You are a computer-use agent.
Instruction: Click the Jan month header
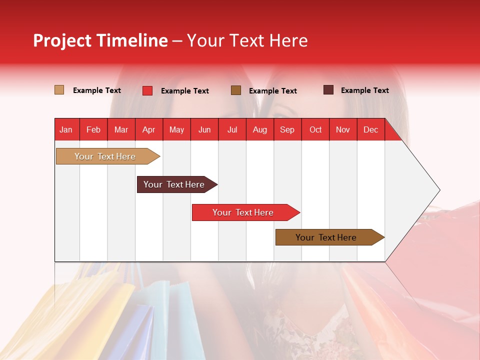tap(66, 129)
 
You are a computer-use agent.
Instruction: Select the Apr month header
tap(149, 129)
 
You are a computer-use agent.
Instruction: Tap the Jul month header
tap(232, 129)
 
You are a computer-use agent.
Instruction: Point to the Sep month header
tap(287, 129)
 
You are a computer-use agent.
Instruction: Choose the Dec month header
tap(370, 129)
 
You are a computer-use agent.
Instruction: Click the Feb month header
tap(93, 129)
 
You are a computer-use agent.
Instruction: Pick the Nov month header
tap(343, 129)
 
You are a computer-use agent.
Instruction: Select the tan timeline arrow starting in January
tap(105, 156)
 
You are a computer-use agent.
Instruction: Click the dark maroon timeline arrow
tap(174, 184)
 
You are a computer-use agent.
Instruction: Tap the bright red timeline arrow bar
tap(243, 212)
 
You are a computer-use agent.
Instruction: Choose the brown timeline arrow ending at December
tap(326, 237)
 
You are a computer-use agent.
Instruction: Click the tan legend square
tap(59, 90)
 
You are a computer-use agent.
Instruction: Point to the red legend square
tap(147, 90)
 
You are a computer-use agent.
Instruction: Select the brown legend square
tap(236, 90)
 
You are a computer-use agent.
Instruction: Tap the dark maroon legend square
tap(328, 90)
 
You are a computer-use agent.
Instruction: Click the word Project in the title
tap(62, 40)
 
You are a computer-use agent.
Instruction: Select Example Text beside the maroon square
tap(364, 90)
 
